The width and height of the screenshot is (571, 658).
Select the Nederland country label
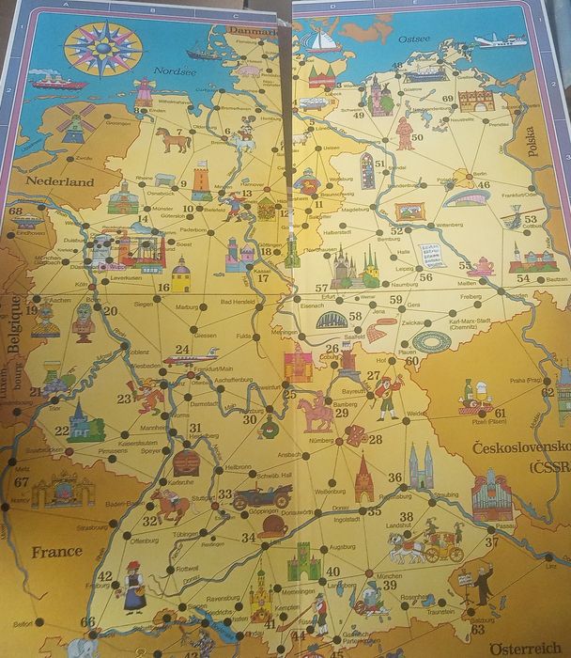(x=60, y=180)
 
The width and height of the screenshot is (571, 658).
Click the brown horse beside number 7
(x=174, y=139)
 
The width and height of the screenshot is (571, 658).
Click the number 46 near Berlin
(x=484, y=184)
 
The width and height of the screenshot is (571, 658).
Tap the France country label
(x=57, y=552)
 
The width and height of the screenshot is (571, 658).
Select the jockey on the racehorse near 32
(x=172, y=505)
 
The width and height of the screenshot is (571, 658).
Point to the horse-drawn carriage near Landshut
(x=427, y=544)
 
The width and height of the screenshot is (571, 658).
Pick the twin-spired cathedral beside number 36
(x=421, y=467)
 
